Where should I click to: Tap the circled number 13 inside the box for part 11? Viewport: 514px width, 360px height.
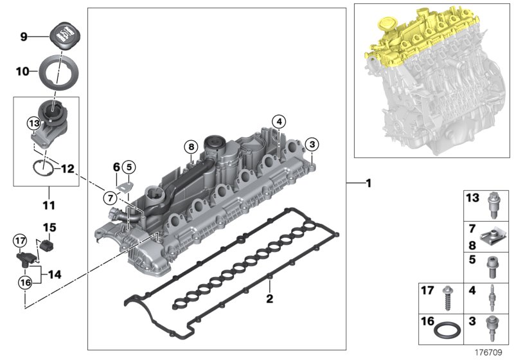[x=33, y=122]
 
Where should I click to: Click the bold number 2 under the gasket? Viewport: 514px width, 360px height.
[x=270, y=298]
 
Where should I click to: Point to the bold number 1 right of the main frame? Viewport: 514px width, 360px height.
[x=368, y=183]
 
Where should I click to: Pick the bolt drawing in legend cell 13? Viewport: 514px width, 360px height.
[x=494, y=204]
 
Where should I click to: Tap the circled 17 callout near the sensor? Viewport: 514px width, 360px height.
[x=20, y=240]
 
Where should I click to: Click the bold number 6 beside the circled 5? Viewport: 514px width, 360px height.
[x=116, y=166]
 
